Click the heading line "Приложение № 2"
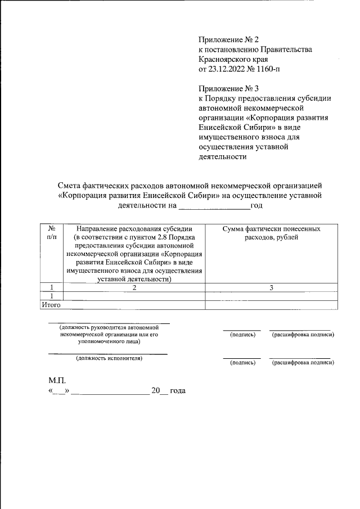[x=228, y=39]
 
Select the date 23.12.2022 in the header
[x=227, y=70]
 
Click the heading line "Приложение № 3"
[x=228, y=88]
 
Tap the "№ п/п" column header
[x=52, y=233]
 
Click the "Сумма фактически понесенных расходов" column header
[x=271, y=233]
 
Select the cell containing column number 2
[x=134, y=287]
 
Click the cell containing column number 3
[x=271, y=287]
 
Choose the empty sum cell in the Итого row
[x=271, y=304]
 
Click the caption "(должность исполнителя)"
[x=109, y=358]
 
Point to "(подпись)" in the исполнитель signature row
[x=242, y=363]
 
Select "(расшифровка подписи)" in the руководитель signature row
[x=303, y=335]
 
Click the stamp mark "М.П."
[x=58, y=380]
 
